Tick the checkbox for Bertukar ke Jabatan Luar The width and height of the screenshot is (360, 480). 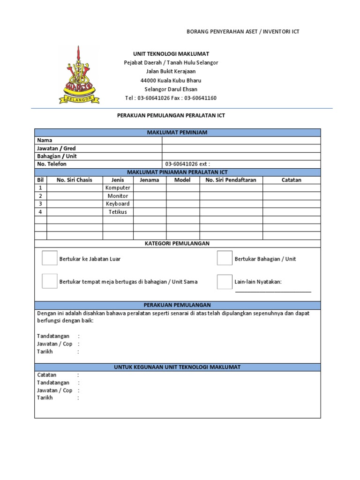point(49,258)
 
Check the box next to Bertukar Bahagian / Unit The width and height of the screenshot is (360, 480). point(225,258)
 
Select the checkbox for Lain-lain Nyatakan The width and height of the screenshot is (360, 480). point(225,281)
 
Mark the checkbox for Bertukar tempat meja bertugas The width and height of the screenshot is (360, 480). point(49,281)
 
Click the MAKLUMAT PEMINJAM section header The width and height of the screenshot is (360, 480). point(177,133)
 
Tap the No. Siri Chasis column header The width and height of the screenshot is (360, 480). point(75,180)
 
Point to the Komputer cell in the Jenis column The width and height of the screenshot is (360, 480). point(118,188)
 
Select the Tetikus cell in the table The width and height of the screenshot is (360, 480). point(118,212)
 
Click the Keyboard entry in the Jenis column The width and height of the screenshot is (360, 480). point(118,204)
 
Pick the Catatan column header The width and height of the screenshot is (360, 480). point(292,180)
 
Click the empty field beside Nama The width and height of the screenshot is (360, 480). point(241,141)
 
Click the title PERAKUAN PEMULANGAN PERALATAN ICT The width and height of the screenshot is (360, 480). point(171,115)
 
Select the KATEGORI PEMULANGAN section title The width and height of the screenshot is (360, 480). point(177,244)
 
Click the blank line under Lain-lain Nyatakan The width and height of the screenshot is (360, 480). point(273,291)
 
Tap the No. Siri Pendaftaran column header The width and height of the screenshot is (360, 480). point(231,180)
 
